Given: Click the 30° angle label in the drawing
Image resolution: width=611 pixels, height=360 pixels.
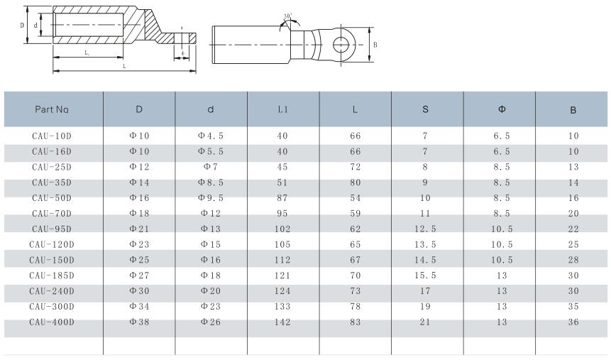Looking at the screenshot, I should point(287,16).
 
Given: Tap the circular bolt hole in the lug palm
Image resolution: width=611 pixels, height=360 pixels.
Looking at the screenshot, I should point(343,43).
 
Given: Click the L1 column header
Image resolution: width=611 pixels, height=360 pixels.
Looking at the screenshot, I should point(283,110).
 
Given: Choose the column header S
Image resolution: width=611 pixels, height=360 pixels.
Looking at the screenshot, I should point(425,110).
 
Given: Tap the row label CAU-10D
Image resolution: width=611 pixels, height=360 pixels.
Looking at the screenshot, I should point(52,136).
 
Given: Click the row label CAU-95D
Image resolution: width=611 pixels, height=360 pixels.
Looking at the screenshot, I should point(52,229).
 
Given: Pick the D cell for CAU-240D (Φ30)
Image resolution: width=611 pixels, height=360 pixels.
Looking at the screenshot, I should point(139,291).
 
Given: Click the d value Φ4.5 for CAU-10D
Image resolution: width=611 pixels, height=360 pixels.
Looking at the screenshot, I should point(211,136).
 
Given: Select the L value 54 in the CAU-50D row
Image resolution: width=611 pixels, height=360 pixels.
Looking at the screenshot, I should point(356,198).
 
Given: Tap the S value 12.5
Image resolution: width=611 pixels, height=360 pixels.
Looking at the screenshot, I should point(425,229).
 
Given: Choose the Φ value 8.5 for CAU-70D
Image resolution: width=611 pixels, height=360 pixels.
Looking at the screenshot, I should point(502,213).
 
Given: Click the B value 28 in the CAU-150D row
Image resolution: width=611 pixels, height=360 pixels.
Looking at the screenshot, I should point(573,260).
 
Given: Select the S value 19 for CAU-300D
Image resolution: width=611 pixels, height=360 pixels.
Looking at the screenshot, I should point(425,307).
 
